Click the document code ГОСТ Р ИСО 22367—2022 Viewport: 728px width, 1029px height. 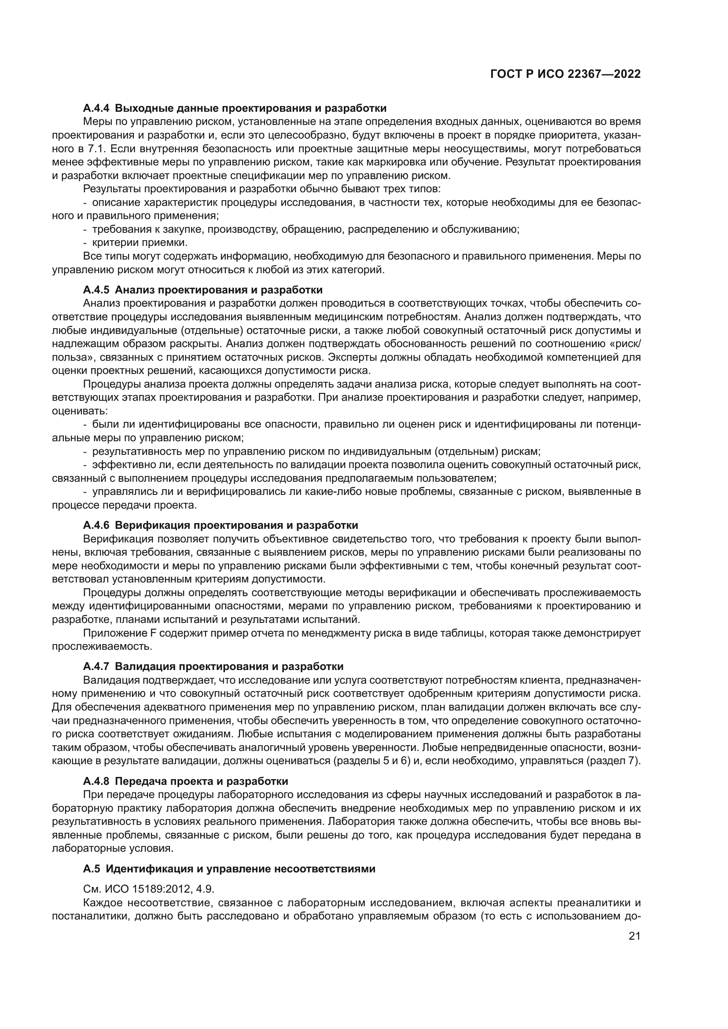click(x=565, y=74)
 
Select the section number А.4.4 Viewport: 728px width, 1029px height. click(x=97, y=108)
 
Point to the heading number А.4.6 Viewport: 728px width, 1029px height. click(x=97, y=525)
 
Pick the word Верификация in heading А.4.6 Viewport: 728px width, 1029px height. click(x=153, y=525)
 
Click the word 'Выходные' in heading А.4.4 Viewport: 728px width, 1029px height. click(x=144, y=108)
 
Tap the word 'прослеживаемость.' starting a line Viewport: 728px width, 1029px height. click(x=102, y=646)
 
